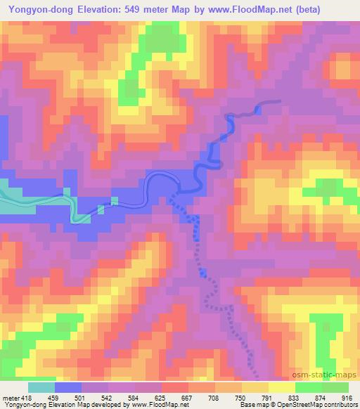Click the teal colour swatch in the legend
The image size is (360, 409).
tap(41, 387)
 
